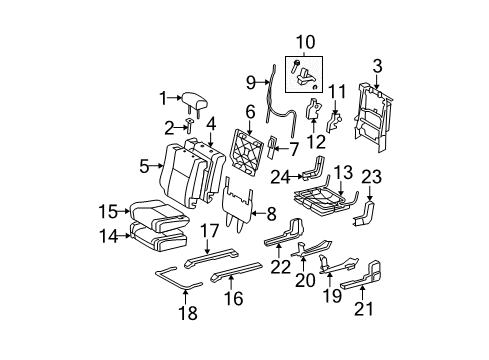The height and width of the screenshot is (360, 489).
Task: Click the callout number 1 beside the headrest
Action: (162, 98)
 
